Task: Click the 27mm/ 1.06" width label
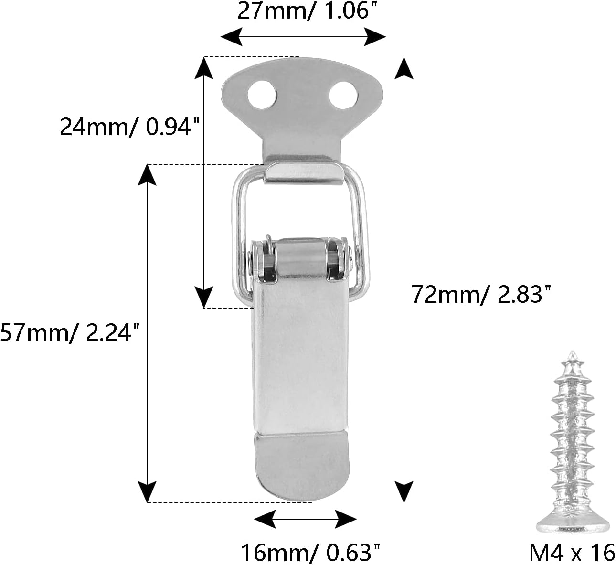(x=304, y=11)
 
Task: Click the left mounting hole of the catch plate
(x=262, y=94)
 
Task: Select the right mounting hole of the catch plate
(x=343, y=94)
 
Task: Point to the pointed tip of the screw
(x=572, y=354)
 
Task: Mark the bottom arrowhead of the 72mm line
(x=404, y=492)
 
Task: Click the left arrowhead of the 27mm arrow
(x=230, y=36)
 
